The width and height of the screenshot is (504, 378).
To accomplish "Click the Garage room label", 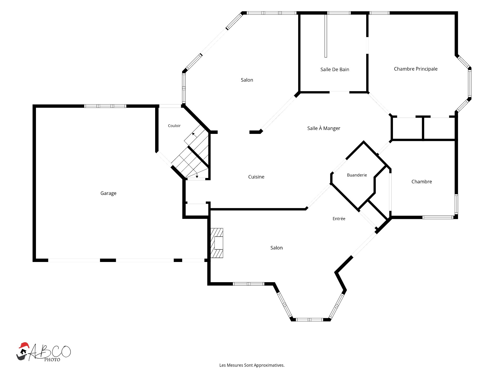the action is pos(108,193).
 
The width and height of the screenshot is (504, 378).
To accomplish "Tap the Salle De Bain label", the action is pos(335,70).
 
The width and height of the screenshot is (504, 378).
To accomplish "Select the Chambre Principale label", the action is pos(416,69).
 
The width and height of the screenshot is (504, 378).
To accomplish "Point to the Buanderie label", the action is pos(357,175).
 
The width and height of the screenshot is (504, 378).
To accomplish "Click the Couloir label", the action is pos(174,126).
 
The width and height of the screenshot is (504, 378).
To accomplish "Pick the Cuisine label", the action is pos(256,177).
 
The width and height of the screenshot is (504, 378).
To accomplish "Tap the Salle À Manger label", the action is pos(324,128).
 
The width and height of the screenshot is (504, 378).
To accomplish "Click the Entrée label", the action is pos(339,219).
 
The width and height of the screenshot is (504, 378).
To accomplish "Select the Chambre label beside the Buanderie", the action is pos(422,182).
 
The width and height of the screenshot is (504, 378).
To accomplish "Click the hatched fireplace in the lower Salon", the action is pos(217,243).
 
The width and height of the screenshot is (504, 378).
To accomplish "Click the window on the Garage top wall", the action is pos(105,106).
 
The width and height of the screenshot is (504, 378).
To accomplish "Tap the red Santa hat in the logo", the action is pos(24,345).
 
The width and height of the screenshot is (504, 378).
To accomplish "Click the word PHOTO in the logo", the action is pos(52,360).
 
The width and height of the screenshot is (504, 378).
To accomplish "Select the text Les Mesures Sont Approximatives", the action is pos(252,365).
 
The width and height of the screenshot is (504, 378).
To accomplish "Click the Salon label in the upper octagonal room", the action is pos(247,80).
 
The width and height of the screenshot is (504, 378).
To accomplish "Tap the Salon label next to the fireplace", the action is pos(276,248).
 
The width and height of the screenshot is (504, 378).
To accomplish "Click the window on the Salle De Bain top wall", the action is pos(339,13).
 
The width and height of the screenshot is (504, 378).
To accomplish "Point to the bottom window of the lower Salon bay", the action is pos(309,319).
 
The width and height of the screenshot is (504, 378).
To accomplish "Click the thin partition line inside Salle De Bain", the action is pos(326,36).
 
